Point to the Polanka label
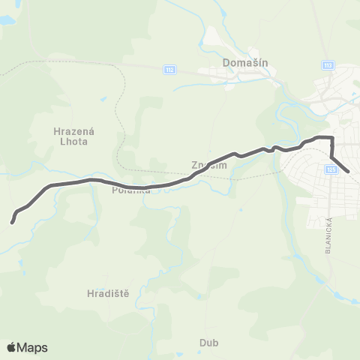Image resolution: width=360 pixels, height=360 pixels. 132,190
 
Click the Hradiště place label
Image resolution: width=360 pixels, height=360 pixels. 108,293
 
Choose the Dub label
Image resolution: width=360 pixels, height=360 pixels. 208,343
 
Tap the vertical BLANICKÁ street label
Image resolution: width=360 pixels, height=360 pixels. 328,235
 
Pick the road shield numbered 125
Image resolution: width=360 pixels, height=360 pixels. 331,170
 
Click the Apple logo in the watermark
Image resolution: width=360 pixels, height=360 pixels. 11,347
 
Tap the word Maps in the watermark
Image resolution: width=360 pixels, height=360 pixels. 33,347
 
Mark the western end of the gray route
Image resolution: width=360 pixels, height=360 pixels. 12,221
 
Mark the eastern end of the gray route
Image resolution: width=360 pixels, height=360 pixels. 349,172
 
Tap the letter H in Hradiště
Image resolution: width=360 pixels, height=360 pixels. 90,293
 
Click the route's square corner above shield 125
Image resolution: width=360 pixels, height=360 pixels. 331,138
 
